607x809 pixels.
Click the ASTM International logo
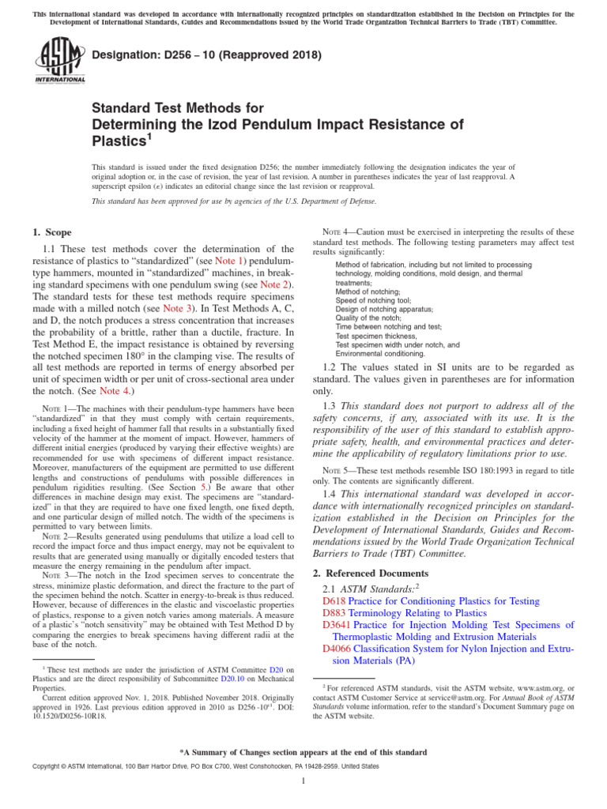click(60, 61)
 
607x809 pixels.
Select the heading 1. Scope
click(51, 232)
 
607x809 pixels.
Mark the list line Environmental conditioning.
click(380, 353)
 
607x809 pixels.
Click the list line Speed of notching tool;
click(374, 300)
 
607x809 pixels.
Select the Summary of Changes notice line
click(303, 752)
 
